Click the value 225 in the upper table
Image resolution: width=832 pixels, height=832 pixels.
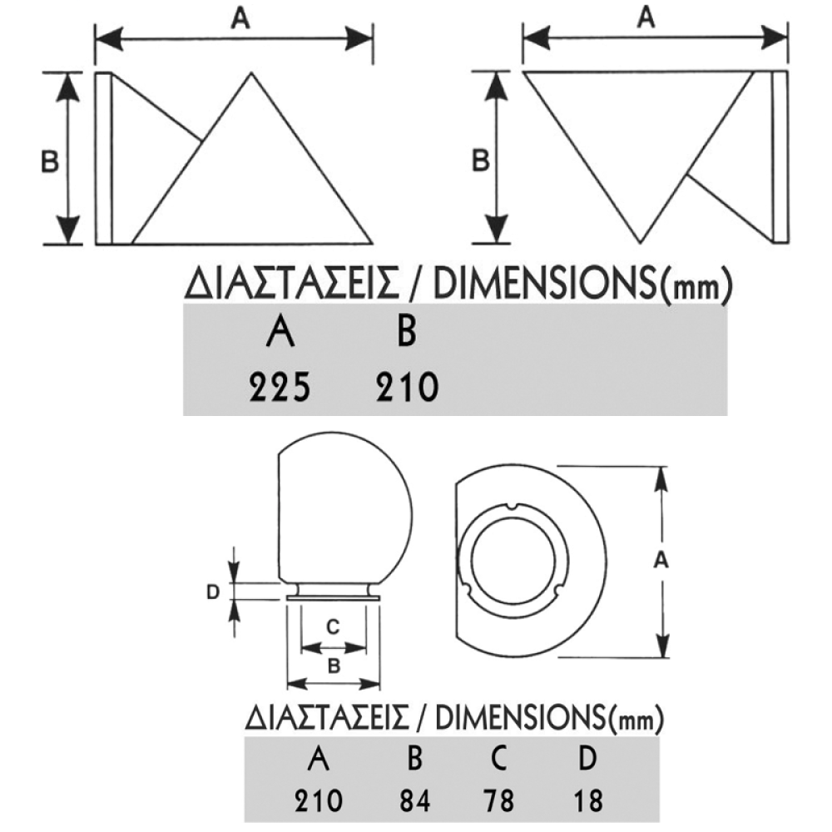tap(280, 387)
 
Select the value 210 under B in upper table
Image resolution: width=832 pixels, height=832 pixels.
tap(405, 387)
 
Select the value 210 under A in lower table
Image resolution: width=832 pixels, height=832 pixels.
tap(318, 801)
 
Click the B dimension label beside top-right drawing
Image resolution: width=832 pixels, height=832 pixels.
tap(480, 161)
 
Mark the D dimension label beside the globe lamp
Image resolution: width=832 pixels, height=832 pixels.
tap(212, 592)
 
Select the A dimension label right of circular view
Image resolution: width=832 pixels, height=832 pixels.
tap(661, 562)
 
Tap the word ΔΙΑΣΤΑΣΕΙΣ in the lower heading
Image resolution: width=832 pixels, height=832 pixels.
tap(326, 717)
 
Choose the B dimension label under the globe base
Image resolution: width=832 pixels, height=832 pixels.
tap(333, 666)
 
